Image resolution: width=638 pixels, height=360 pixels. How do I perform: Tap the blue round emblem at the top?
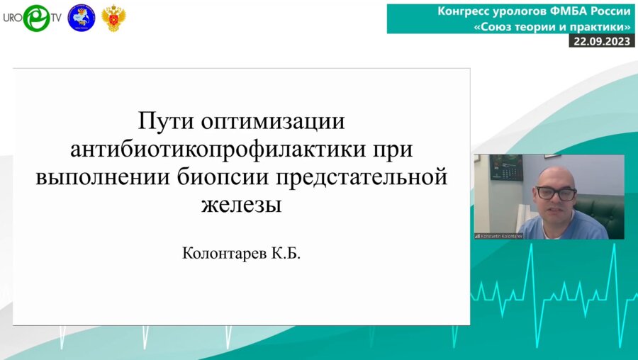click(x=81, y=18)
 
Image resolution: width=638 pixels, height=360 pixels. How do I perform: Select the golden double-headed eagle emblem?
click(x=113, y=18)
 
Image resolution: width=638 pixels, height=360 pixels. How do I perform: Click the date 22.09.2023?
click(x=602, y=41)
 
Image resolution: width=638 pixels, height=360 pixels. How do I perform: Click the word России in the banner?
click(x=609, y=11)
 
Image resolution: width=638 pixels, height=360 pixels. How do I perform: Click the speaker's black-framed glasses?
click(x=556, y=192)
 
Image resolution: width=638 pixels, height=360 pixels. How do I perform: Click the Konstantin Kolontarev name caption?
click(x=499, y=235)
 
